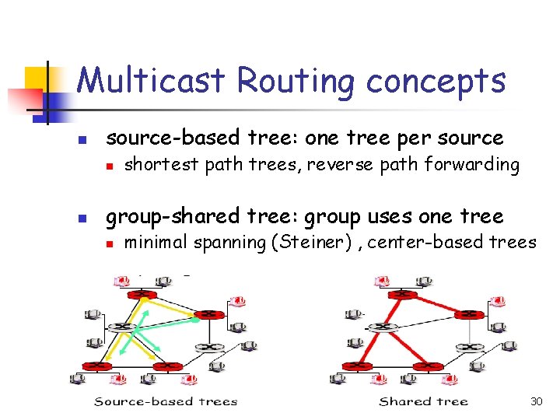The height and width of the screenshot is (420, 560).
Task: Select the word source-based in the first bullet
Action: click(x=156, y=138)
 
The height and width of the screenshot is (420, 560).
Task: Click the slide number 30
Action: click(x=536, y=401)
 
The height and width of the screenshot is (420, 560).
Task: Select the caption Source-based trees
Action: click(x=165, y=401)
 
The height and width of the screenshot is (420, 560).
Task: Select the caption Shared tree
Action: click(x=423, y=401)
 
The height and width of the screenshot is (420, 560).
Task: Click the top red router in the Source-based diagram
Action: click(x=142, y=295)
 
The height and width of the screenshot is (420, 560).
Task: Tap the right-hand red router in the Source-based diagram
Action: click(x=207, y=314)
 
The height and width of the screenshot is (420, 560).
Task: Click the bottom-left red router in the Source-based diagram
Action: click(x=98, y=365)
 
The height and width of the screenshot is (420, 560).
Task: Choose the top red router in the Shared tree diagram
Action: click(x=401, y=295)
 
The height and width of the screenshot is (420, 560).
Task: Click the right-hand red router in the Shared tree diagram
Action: click(x=467, y=314)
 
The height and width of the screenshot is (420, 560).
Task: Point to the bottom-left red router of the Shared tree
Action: click(x=359, y=365)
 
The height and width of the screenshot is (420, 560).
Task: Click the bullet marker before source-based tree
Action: click(x=89, y=142)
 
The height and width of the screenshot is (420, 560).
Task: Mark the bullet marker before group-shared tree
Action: click(x=89, y=219)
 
